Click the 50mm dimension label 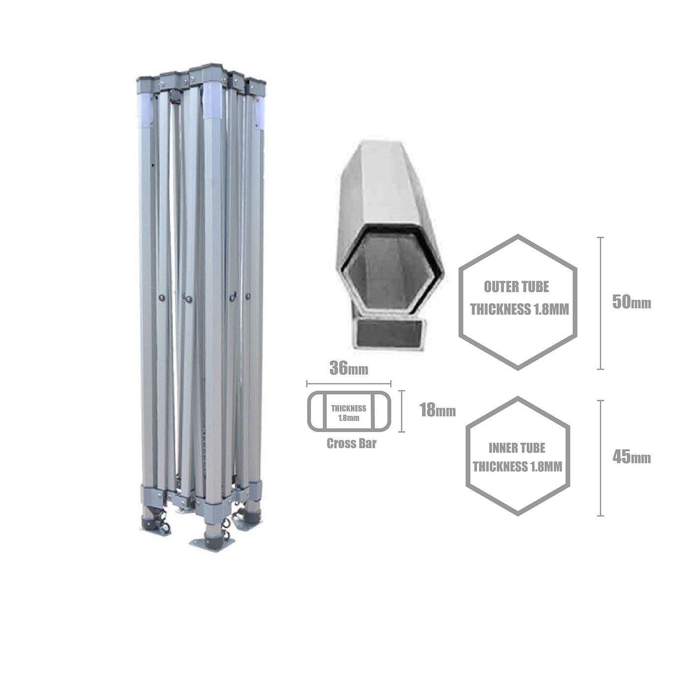[631, 303]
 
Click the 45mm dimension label [631, 458]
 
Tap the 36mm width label [348, 368]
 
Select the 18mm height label [438, 410]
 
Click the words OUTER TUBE [516, 287]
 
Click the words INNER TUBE [517, 448]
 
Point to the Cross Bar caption [351, 443]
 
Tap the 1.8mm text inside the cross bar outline [348, 418]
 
